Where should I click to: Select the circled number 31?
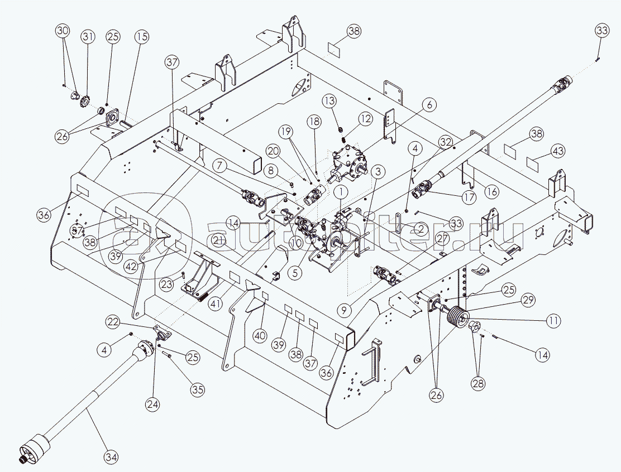pos(88,37)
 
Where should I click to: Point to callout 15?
pos(141,37)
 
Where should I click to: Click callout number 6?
pos(429,104)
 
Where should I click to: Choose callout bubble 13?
pos(330,100)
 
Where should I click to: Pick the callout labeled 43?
pos(540,151)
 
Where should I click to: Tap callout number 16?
pos(491,191)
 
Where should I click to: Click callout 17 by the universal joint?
pos(468,197)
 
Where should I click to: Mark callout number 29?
pos(524,300)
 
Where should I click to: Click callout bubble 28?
pos(478,383)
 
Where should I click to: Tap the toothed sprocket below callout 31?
pos(86,102)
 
